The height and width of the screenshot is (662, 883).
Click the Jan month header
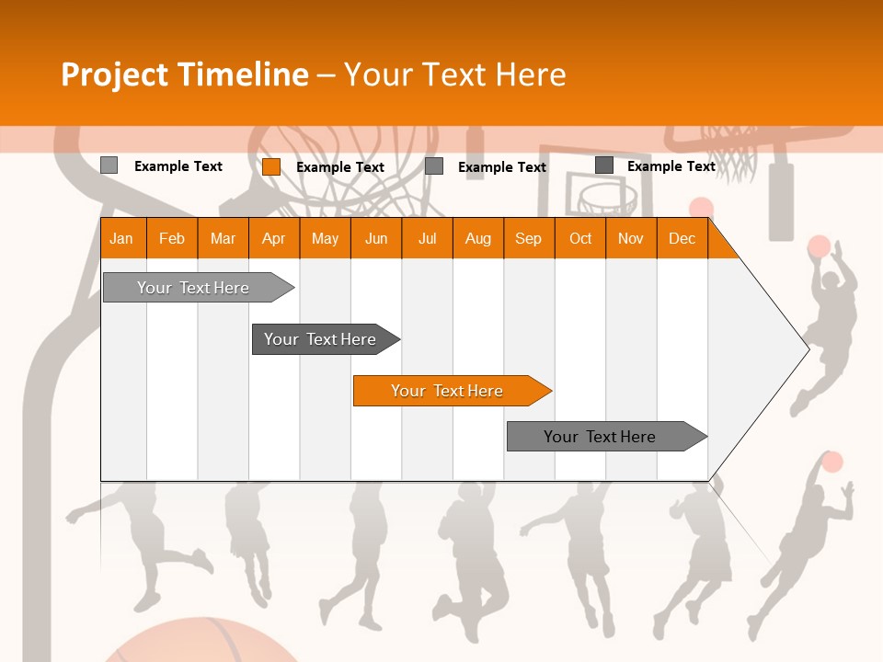(x=122, y=238)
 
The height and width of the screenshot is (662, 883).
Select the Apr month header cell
(x=274, y=238)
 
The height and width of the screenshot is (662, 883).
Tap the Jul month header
(x=427, y=238)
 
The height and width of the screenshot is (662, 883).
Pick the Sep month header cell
(x=528, y=238)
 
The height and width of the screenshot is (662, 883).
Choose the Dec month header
(x=682, y=238)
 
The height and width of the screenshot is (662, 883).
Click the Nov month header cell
(x=630, y=238)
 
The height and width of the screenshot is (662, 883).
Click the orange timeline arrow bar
(x=451, y=391)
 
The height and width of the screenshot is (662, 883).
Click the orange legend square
(x=270, y=166)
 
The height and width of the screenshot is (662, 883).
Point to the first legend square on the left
(x=109, y=165)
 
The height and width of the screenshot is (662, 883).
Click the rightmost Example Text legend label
(x=671, y=166)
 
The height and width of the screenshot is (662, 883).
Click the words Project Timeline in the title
(x=184, y=74)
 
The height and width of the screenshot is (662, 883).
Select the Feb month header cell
(x=172, y=238)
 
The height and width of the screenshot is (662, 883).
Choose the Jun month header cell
(x=376, y=238)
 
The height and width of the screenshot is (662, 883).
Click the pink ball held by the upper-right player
(x=819, y=246)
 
